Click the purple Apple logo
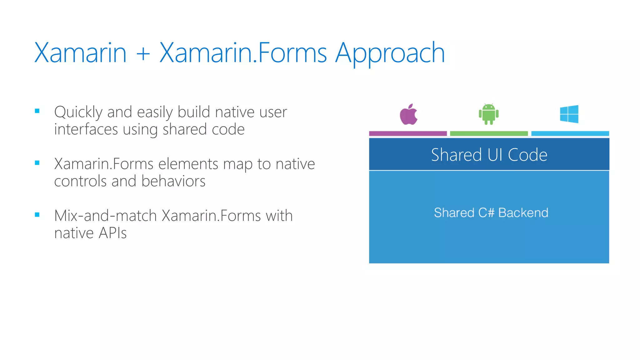tap(408, 115)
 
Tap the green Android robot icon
tap(488, 114)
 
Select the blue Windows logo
tap(569, 114)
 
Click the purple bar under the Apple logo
tap(408, 133)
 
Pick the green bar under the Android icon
tap(489, 133)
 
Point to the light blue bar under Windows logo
tap(570, 133)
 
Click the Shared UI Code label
tap(489, 155)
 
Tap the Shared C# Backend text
tap(491, 213)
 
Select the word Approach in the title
tap(390, 53)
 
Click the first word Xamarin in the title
tap(80, 52)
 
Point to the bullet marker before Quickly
tap(37, 111)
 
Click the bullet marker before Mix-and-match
tap(37, 215)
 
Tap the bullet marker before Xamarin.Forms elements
tap(37, 163)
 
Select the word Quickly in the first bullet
tap(78, 112)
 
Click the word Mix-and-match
tap(105, 216)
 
